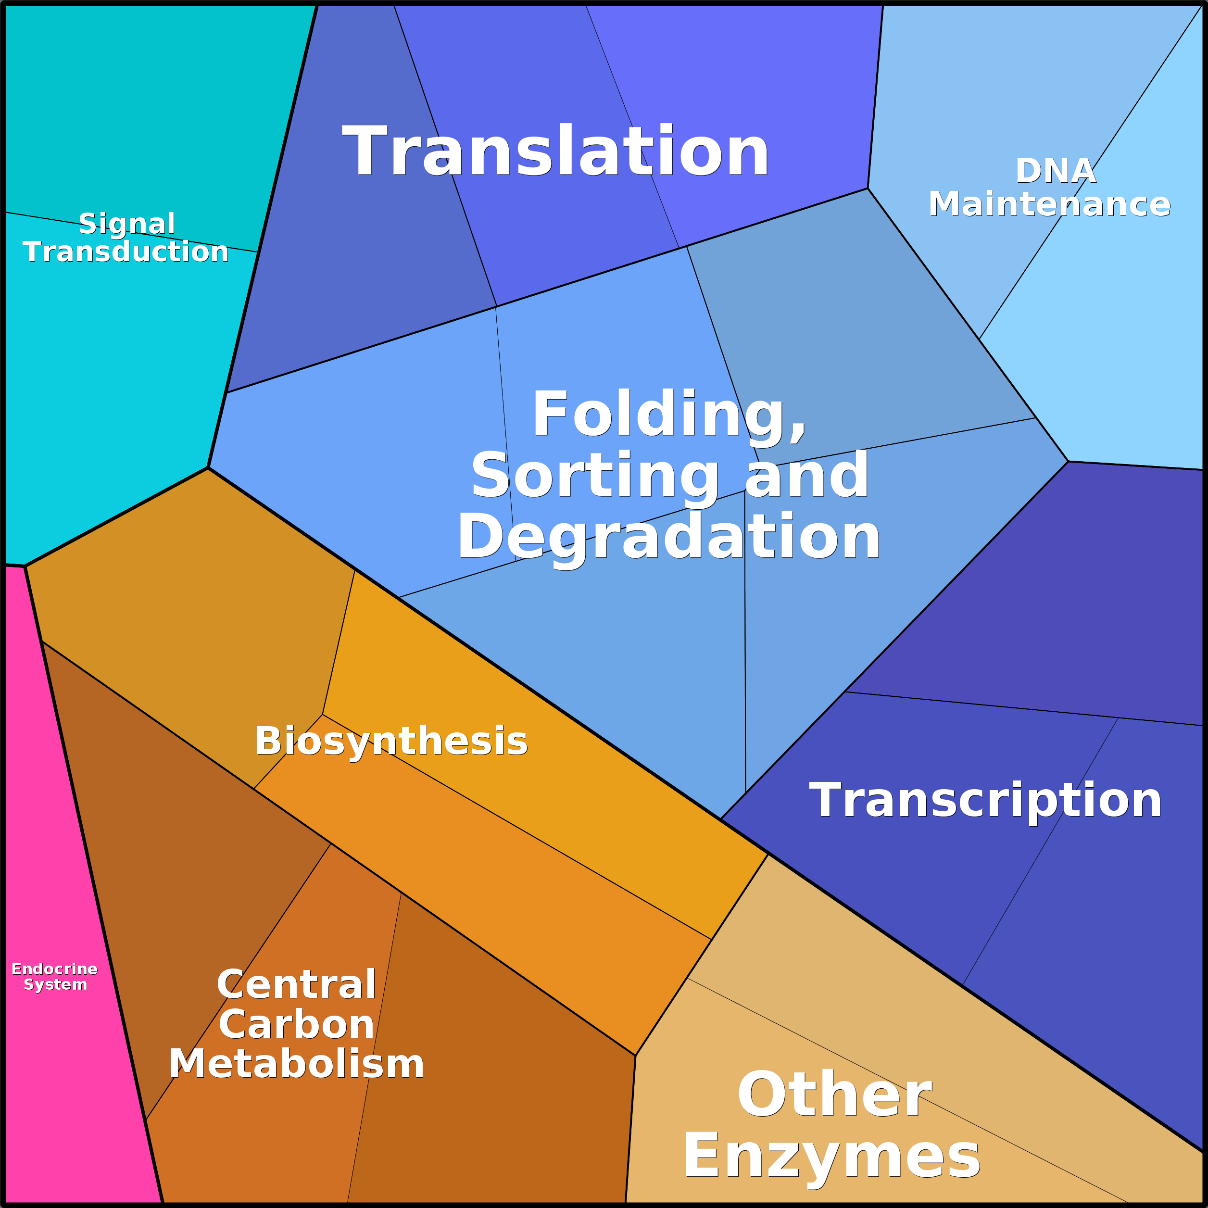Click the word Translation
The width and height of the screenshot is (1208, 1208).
555,151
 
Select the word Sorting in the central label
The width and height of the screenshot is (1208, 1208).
594,477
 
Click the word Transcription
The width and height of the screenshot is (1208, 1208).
985,801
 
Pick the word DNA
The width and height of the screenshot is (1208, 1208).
1056,171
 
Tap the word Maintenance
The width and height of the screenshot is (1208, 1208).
1049,204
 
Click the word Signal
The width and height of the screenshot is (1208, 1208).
127,224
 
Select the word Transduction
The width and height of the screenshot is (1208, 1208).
126,252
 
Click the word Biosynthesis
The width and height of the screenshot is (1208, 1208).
391,742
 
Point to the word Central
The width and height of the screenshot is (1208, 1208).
296,985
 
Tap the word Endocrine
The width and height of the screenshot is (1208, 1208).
54,969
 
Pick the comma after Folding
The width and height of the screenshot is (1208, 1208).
798,434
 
